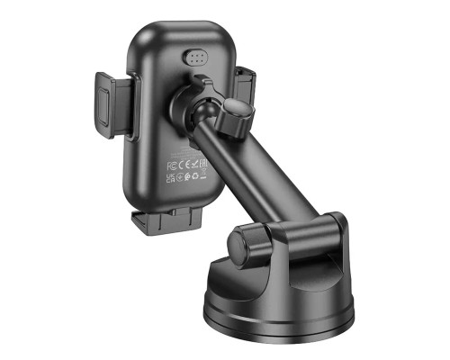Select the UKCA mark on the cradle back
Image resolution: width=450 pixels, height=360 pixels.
click(170, 179)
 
